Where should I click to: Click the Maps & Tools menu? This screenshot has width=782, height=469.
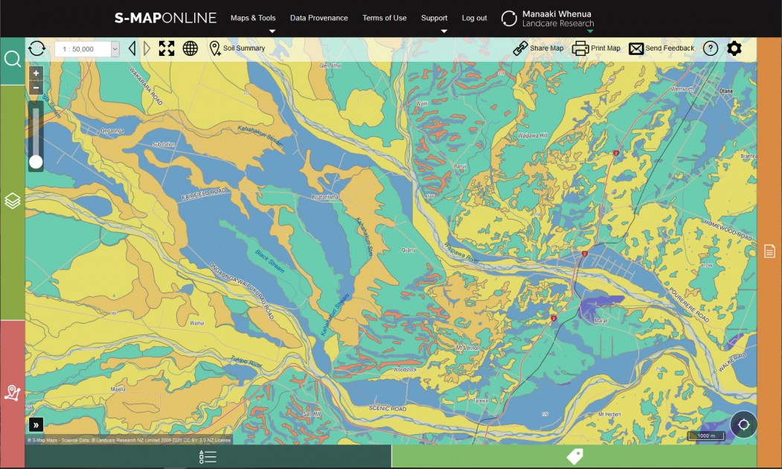[x=253, y=18]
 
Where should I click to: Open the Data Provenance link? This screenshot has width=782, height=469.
[x=318, y=18]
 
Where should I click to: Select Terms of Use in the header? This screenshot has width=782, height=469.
[x=384, y=18]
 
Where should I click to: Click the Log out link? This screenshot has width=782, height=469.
[x=474, y=18]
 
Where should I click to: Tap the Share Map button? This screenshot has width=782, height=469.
[x=538, y=48]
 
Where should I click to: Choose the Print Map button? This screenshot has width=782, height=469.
[x=596, y=48]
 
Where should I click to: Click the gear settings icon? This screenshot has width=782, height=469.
[x=734, y=48]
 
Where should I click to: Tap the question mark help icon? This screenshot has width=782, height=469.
[x=711, y=48]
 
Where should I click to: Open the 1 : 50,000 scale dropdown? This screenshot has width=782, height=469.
[x=86, y=49]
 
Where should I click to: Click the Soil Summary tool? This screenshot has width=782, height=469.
[x=237, y=48]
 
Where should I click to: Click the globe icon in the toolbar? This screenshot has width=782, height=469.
[x=190, y=48]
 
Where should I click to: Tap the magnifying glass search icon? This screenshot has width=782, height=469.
[x=13, y=59]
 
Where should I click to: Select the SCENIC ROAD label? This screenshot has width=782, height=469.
[x=388, y=409]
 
